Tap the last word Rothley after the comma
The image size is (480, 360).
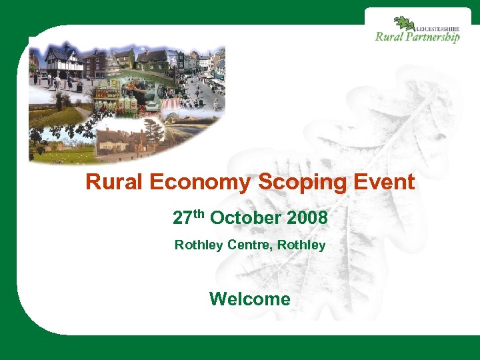[301, 245]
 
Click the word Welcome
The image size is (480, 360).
[250, 299]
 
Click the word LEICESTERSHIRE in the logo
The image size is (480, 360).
[437, 29]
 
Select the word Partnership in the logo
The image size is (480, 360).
[433, 37]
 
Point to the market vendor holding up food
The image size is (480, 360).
[134, 90]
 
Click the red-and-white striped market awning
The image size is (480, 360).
[171, 104]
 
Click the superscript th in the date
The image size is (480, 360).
[199, 213]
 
